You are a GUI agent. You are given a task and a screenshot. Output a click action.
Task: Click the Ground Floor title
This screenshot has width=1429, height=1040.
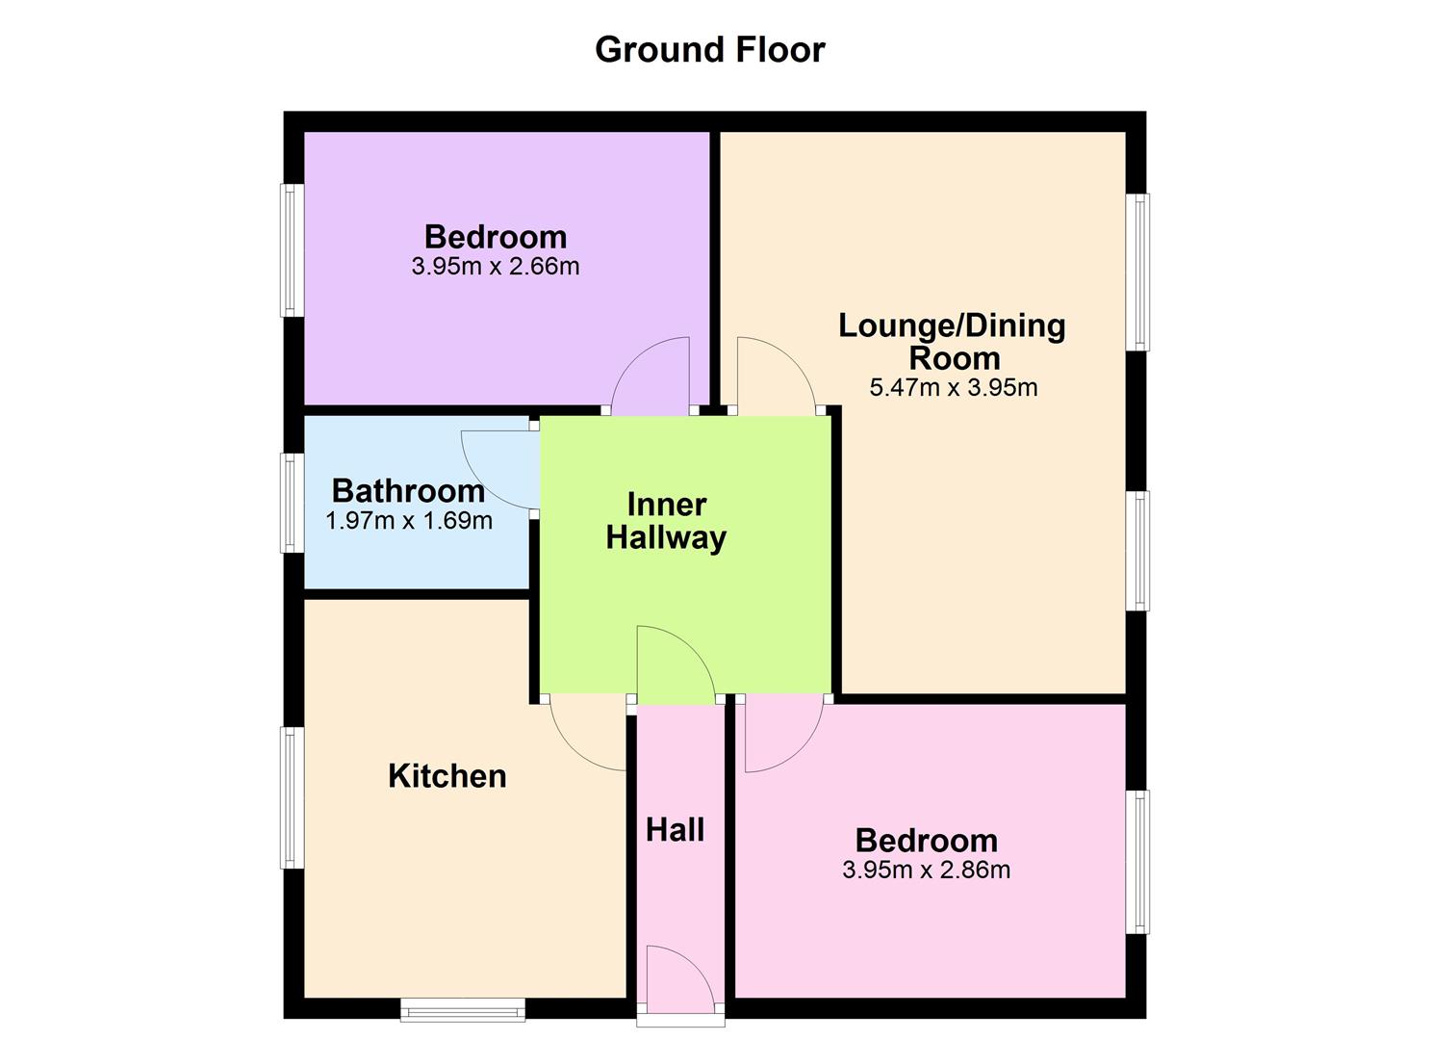coord(709,49)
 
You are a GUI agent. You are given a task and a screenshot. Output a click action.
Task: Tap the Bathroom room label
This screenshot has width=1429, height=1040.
coord(408,491)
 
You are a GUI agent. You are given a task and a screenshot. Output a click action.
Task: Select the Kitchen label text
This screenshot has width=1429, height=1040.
coord(447,776)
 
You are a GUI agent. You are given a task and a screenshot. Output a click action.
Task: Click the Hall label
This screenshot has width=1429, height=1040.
coord(675,830)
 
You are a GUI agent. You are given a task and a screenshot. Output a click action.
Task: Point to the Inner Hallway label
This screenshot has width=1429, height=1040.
coord(666,521)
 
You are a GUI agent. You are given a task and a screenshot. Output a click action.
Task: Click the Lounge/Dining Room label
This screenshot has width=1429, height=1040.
coord(952,342)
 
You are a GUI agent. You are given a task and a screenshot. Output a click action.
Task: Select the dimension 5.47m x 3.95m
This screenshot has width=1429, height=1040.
coord(953,388)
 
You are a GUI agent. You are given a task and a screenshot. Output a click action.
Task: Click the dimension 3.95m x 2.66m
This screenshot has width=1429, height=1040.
coord(495,267)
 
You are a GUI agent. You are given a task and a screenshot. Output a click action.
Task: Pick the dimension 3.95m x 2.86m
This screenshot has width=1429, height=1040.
coord(926,871)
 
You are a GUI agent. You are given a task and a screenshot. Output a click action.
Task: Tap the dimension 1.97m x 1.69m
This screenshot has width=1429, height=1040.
coord(409,522)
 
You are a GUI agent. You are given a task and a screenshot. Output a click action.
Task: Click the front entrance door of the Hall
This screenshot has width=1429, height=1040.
coord(680,977)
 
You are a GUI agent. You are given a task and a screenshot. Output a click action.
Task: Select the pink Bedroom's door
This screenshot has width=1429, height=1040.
coord(781,734)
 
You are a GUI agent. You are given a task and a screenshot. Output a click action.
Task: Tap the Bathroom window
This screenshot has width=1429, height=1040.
coord(292,503)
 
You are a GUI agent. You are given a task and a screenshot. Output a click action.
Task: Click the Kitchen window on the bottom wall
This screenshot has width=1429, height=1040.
coord(463,1009)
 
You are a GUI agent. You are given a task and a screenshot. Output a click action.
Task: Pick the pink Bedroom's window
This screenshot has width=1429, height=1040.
coord(1137,862)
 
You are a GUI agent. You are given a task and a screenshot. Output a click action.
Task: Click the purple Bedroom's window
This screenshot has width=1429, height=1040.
coord(292,250)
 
